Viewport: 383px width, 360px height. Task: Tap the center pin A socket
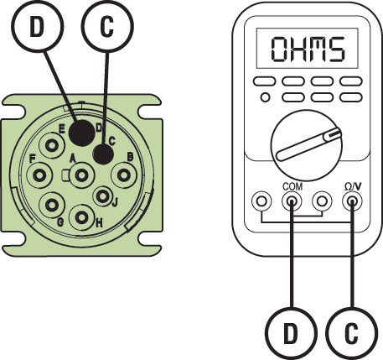[x=82, y=175]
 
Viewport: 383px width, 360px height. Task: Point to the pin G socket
[x=52, y=204]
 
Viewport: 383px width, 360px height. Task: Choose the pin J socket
[x=104, y=197]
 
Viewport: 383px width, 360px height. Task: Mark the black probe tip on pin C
[x=103, y=154]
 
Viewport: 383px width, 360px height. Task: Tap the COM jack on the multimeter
[x=292, y=202]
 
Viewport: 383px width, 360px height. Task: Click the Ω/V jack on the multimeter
[x=350, y=202]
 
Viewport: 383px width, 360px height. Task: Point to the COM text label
[x=291, y=187]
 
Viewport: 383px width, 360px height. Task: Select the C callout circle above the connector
[x=108, y=24]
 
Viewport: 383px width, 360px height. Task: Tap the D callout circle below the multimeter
[x=289, y=335]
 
